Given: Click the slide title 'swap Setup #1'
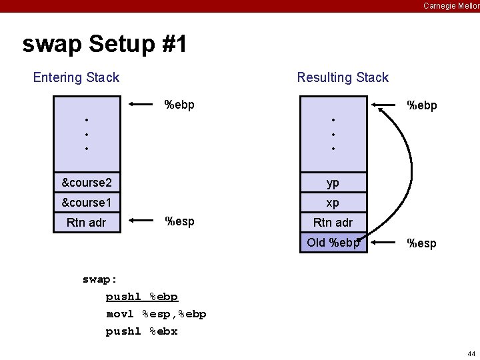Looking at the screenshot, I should pyautogui.click(x=105, y=45).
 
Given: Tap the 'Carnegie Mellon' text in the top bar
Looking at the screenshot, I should pyautogui.click(x=451, y=6).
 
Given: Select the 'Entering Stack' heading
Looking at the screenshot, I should pyautogui.click(x=76, y=77).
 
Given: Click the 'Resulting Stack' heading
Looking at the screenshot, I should pyautogui.click(x=343, y=77).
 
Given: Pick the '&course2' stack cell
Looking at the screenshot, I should pyautogui.click(x=87, y=183).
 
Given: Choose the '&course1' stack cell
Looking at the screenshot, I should pyautogui.click(x=87, y=203).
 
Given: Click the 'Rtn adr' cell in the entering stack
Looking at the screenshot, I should pyautogui.click(x=87, y=223).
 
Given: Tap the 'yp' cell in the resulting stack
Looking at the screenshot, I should pyautogui.click(x=333, y=183).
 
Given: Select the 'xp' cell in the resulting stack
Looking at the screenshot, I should pyautogui.click(x=333, y=203).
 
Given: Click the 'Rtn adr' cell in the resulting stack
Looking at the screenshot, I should pyautogui.click(x=333, y=223).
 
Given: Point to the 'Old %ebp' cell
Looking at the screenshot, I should pyautogui.click(x=333, y=243).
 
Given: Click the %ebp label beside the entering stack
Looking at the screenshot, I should pyautogui.click(x=179, y=105).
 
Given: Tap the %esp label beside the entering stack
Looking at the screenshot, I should pyautogui.click(x=179, y=221).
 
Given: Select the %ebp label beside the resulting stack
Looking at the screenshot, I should pyautogui.click(x=422, y=105).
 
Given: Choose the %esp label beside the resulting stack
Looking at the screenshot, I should pyautogui.click(x=421, y=244).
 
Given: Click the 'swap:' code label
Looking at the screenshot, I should pyautogui.click(x=100, y=279).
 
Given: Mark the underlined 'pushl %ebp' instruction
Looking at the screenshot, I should pyautogui.click(x=142, y=297).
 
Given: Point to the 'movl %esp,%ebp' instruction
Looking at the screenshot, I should pyautogui.click(x=156, y=314).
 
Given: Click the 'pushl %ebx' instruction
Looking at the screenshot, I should pyautogui.click(x=142, y=331).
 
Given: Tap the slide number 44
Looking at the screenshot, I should pyautogui.click(x=471, y=353).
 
